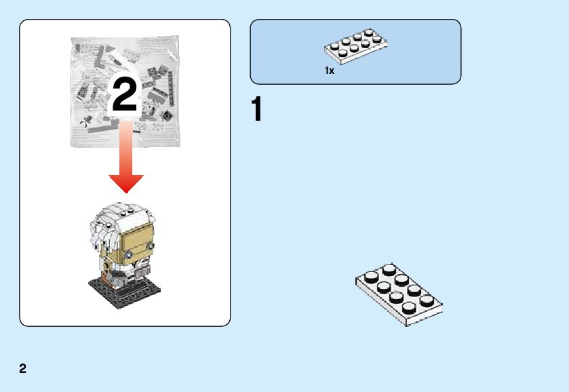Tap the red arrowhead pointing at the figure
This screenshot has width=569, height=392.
pyautogui.click(x=126, y=182)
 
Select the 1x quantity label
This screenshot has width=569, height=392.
pyautogui.click(x=330, y=71)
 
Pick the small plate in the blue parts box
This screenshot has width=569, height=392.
pyautogui.click(x=355, y=46)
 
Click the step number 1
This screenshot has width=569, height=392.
pyautogui.click(x=256, y=111)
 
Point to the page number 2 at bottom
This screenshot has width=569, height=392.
pyautogui.click(x=23, y=369)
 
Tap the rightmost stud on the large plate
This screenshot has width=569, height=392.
pyautogui.click(x=427, y=300)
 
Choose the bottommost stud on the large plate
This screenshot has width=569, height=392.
pyautogui.click(x=410, y=309)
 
